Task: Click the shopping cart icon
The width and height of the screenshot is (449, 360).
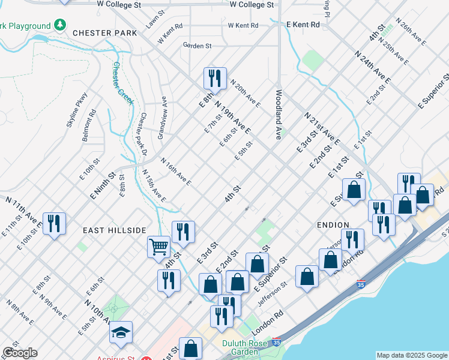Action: pos(158,246)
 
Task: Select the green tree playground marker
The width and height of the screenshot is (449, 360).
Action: pos(59,25)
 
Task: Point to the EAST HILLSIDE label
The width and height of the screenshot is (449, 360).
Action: pos(114,230)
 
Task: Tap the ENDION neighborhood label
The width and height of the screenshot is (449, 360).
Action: pos(333,224)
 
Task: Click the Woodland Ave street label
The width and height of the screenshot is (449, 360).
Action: pos(279,115)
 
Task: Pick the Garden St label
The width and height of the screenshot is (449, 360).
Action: pos(197,46)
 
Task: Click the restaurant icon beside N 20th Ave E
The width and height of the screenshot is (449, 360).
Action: pos(214,77)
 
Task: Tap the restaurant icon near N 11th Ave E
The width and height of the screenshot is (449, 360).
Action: pos(55,224)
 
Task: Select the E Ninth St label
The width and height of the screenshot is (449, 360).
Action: pos(103,187)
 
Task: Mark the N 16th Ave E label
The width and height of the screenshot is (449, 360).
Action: pos(176,171)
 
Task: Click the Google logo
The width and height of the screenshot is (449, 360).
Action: pos(19,353)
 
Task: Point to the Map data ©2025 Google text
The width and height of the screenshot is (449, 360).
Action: pos(411,355)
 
